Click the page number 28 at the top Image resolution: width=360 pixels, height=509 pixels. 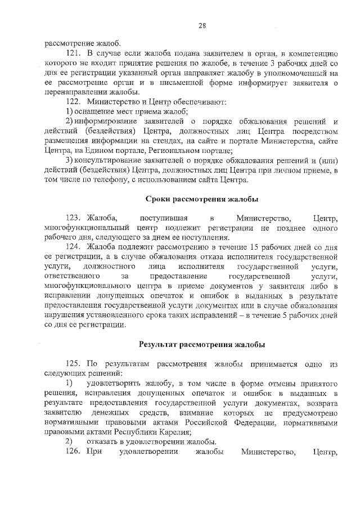202,25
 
